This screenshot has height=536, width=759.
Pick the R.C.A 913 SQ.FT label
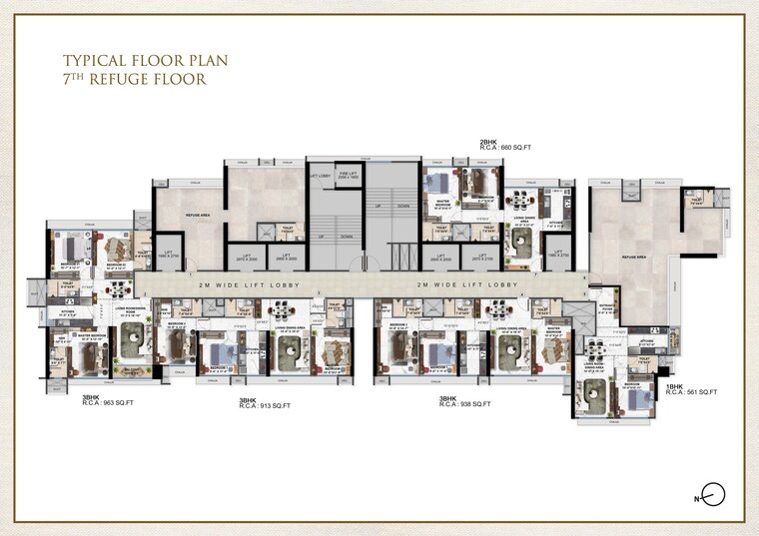click(265, 404)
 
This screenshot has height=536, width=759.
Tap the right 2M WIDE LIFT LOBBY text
click(468, 284)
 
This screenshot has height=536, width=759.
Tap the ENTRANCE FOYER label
click(605, 308)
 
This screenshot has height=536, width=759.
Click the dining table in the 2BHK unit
click(519, 207)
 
